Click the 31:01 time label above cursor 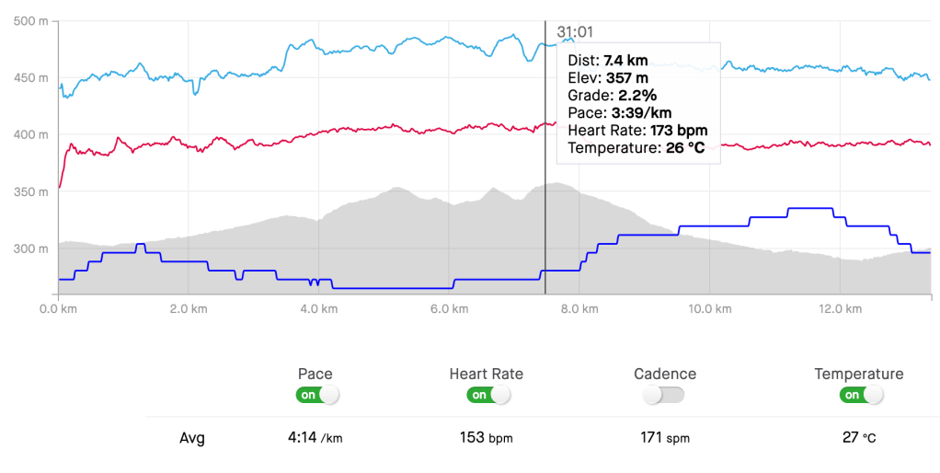point(574,31)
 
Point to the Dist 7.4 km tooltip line point(614,61)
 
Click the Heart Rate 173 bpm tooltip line point(637,131)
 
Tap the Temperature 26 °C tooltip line point(636,148)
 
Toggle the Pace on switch point(316,395)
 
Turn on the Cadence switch point(665,395)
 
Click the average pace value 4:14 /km point(315,438)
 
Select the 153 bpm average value point(486,438)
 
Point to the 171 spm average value point(665,438)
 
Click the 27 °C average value point(858,438)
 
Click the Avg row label point(192,438)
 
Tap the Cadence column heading point(665,374)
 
